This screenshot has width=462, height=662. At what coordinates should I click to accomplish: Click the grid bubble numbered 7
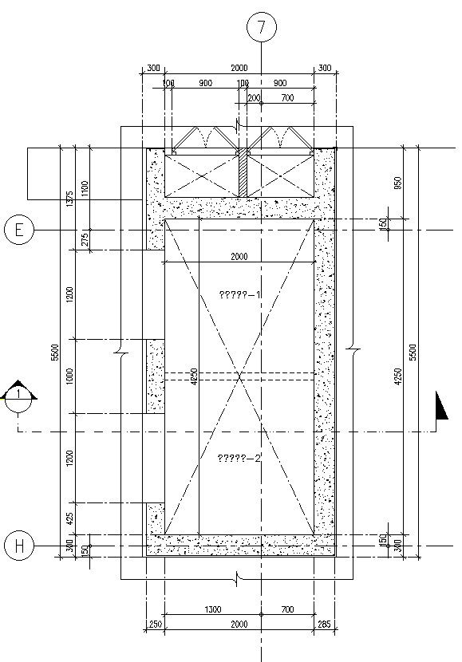[261, 27]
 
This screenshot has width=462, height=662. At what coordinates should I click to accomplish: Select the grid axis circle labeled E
[18, 230]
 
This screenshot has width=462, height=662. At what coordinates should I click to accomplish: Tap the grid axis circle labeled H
[18, 546]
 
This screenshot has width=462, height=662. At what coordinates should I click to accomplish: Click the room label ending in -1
[240, 295]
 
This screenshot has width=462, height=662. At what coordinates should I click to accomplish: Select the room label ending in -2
[240, 457]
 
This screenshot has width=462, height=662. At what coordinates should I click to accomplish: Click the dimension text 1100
[85, 189]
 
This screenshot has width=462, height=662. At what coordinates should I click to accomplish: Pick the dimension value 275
[85, 240]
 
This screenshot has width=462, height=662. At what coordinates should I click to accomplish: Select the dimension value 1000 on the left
[70, 376]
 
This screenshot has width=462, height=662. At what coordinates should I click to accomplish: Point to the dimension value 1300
[212, 609]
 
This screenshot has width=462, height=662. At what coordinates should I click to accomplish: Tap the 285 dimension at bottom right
[323, 625]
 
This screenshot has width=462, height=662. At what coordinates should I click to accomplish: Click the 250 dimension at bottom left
[154, 625]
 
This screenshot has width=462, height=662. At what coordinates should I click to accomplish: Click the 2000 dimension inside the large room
[239, 257]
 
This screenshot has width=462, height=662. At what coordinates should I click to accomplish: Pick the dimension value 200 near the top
[254, 98]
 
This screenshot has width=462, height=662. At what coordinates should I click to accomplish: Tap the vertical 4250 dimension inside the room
[193, 376]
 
